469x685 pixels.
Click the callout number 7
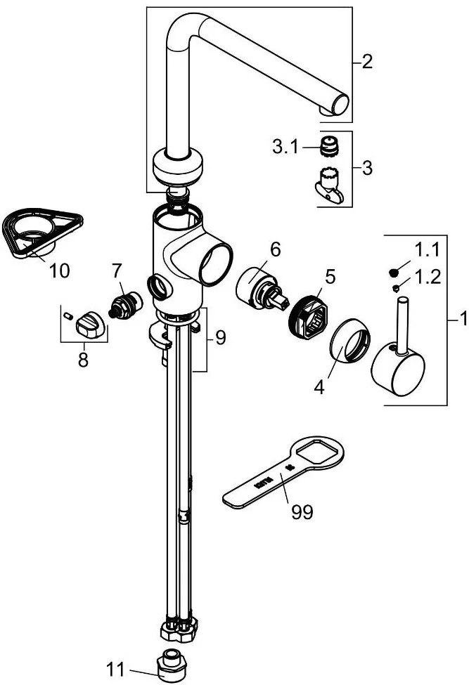[117, 269]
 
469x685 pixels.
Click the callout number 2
[367, 62]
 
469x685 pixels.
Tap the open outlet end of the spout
[340, 104]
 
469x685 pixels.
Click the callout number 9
[220, 338]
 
